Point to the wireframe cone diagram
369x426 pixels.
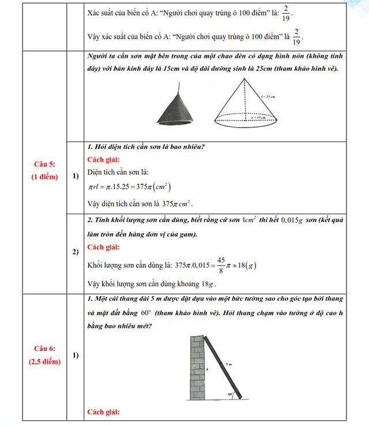pyautogui.click(x=248, y=104)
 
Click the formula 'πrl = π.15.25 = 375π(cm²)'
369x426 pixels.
pyautogui.click(x=129, y=187)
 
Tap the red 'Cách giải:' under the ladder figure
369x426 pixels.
pyautogui.click(x=103, y=412)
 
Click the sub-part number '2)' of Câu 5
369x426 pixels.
pyautogui.click(x=76, y=252)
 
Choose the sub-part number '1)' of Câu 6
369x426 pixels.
pyautogui.click(x=76, y=354)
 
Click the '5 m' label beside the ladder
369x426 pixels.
pyautogui.click(x=229, y=364)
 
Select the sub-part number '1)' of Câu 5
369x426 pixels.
pyautogui.click(x=76, y=177)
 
